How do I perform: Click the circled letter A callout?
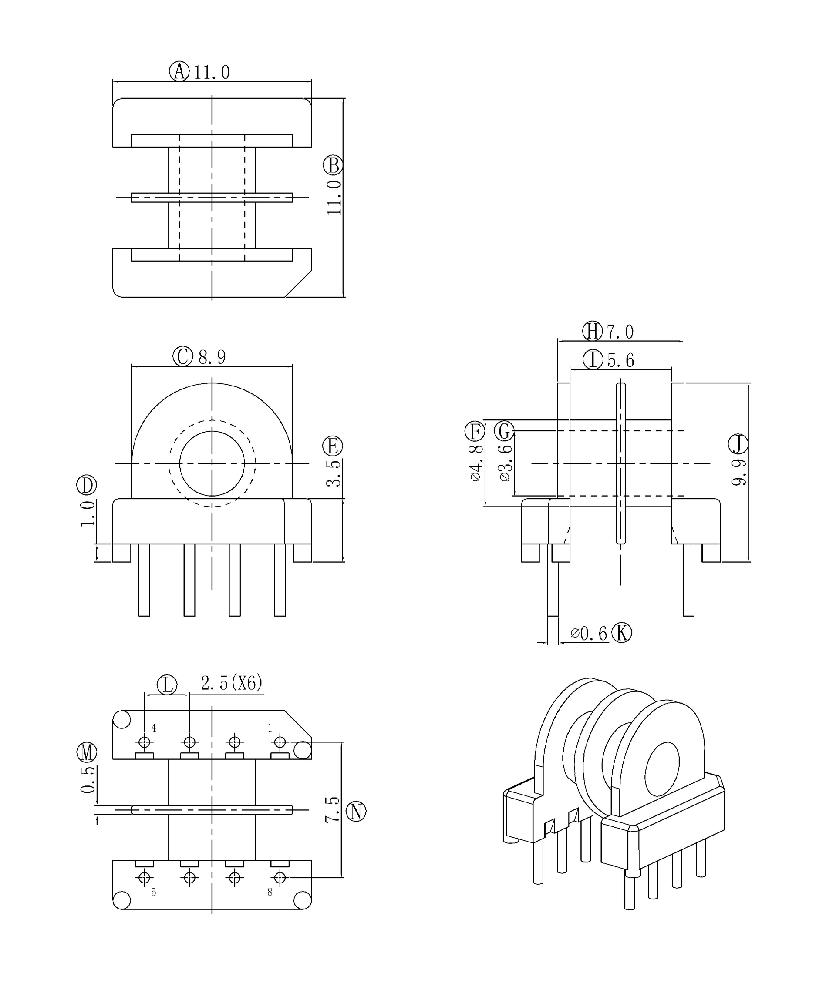coord(179,71)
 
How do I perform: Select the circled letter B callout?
coord(333,165)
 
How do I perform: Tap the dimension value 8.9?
coord(212,357)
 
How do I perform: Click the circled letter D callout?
coord(87,485)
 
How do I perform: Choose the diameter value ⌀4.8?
coord(476,463)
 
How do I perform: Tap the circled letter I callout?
coord(593,360)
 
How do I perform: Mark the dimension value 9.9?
coord(738,473)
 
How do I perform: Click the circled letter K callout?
coord(622,633)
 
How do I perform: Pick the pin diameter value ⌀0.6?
coord(589,633)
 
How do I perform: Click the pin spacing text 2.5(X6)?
coord(232,683)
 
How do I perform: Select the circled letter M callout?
coord(87,752)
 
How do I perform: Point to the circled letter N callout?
coord(356,812)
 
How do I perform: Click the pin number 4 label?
coord(153,728)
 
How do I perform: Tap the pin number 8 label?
coord(270,893)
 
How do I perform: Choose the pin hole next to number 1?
coord(280,742)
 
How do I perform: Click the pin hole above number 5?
coord(144,877)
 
